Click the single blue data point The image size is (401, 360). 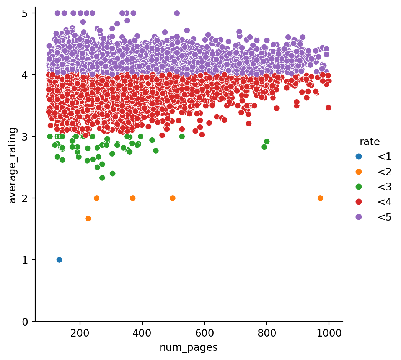pyautogui.click(x=59, y=260)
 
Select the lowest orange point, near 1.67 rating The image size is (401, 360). pyautogui.click(x=88, y=218)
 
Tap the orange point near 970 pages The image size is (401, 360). pyautogui.click(x=320, y=198)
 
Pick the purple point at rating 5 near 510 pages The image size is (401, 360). pyautogui.click(x=177, y=13)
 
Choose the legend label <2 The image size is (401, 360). pyautogui.click(x=384, y=172)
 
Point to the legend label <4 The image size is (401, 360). pyautogui.click(x=384, y=202)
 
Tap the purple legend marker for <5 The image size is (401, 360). pyautogui.click(x=358, y=217)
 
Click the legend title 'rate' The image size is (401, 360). pyautogui.click(x=370, y=142)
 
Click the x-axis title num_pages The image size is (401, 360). pyautogui.click(x=189, y=347)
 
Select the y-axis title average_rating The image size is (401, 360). pyautogui.click(x=13, y=165)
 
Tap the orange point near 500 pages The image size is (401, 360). pyautogui.click(x=173, y=198)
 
